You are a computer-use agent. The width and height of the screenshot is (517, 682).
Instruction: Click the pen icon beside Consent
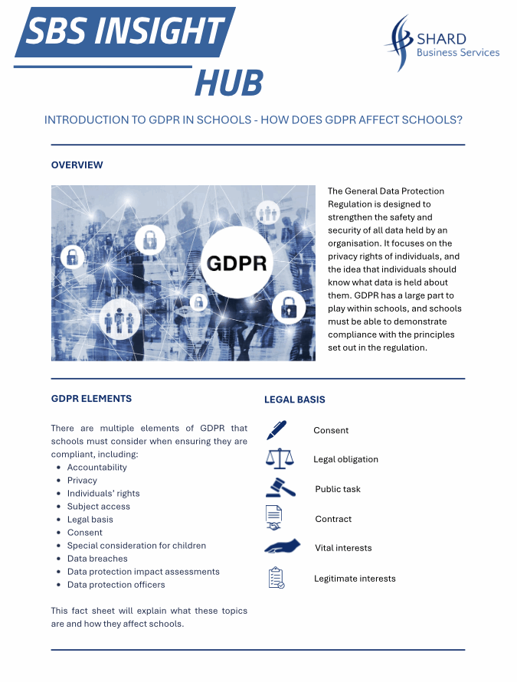pyautogui.click(x=276, y=430)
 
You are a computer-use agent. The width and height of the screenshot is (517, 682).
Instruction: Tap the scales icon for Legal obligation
pyautogui.click(x=279, y=458)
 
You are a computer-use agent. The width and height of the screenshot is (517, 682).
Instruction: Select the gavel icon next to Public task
pyautogui.click(x=280, y=488)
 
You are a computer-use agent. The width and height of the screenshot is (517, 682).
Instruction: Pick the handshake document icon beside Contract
pyautogui.click(x=274, y=517)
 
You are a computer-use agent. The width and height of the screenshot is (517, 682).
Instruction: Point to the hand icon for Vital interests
pyautogui.click(x=282, y=547)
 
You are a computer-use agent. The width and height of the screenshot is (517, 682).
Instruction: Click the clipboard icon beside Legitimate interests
pyautogui.click(x=276, y=578)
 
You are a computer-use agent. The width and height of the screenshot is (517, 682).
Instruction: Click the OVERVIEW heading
pyautogui.click(x=77, y=165)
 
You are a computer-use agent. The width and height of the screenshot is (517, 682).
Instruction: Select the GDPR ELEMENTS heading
pyautogui.click(x=91, y=399)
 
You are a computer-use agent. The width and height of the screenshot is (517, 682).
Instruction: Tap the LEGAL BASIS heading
pyautogui.click(x=295, y=400)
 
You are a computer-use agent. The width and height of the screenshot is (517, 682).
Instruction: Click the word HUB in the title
pyautogui.click(x=228, y=83)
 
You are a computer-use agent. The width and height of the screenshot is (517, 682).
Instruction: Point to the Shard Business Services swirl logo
pyautogui.click(x=399, y=43)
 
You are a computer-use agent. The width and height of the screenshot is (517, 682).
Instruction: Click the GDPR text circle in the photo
pyautogui.click(x=237, y=263)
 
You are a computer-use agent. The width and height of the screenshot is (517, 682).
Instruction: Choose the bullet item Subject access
pyautogui.click(x=98, y=506)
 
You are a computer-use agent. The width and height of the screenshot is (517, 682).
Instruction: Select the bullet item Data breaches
pyautogui.click(x=97, y=559)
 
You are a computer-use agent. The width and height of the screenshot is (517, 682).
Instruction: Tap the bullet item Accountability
pyautogui.click(x=97, y=467)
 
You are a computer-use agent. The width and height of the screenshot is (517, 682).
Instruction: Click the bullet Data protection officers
pyautogui.click(x=116, y=585)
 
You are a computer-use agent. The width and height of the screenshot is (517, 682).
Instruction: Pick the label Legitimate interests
pyautogui.click(x=355, y=579)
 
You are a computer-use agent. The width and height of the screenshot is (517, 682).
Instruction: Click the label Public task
pyautogui.click(x=337, y=489)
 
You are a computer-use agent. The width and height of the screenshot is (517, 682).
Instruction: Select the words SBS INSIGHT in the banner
pyautogui.click(x=125, y=31)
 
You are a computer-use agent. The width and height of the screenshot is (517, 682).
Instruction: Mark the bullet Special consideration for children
pyautogui.click(x=136, y=546)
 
